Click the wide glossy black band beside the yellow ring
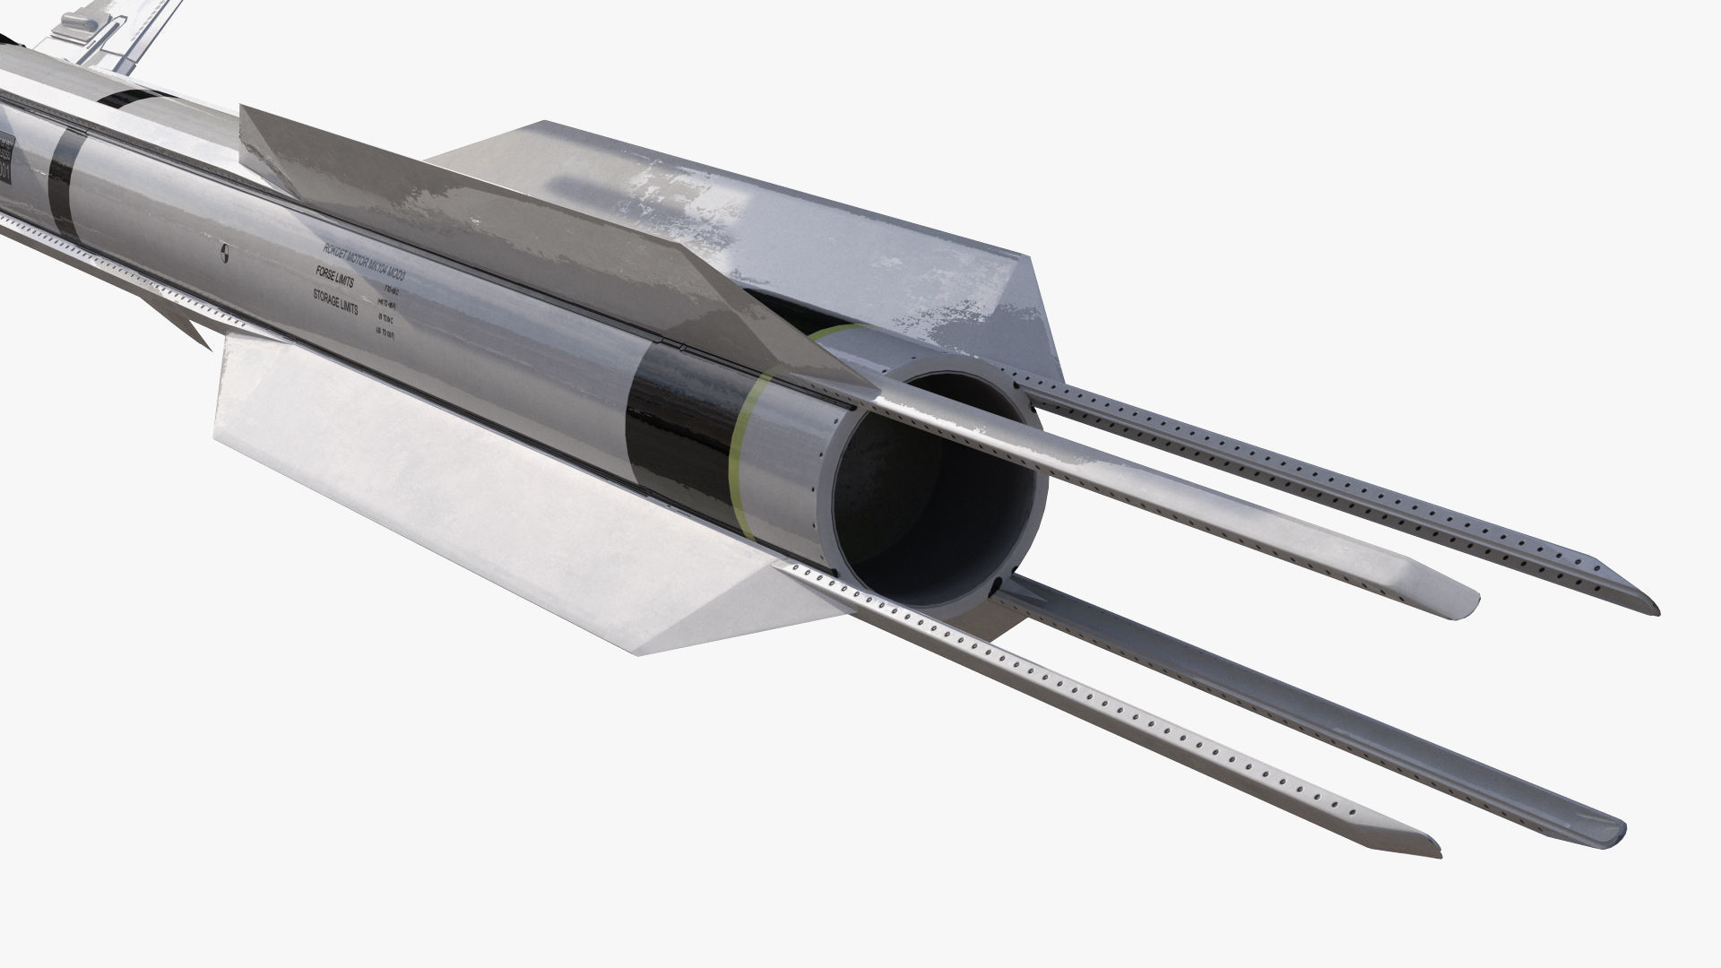(681, 421)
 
